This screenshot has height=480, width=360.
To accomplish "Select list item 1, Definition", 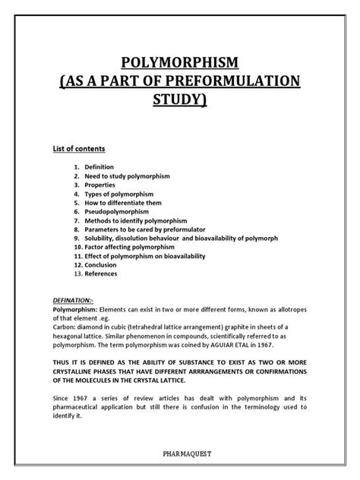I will pos(99,166).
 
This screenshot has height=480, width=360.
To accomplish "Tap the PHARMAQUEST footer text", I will pos(180,455).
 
